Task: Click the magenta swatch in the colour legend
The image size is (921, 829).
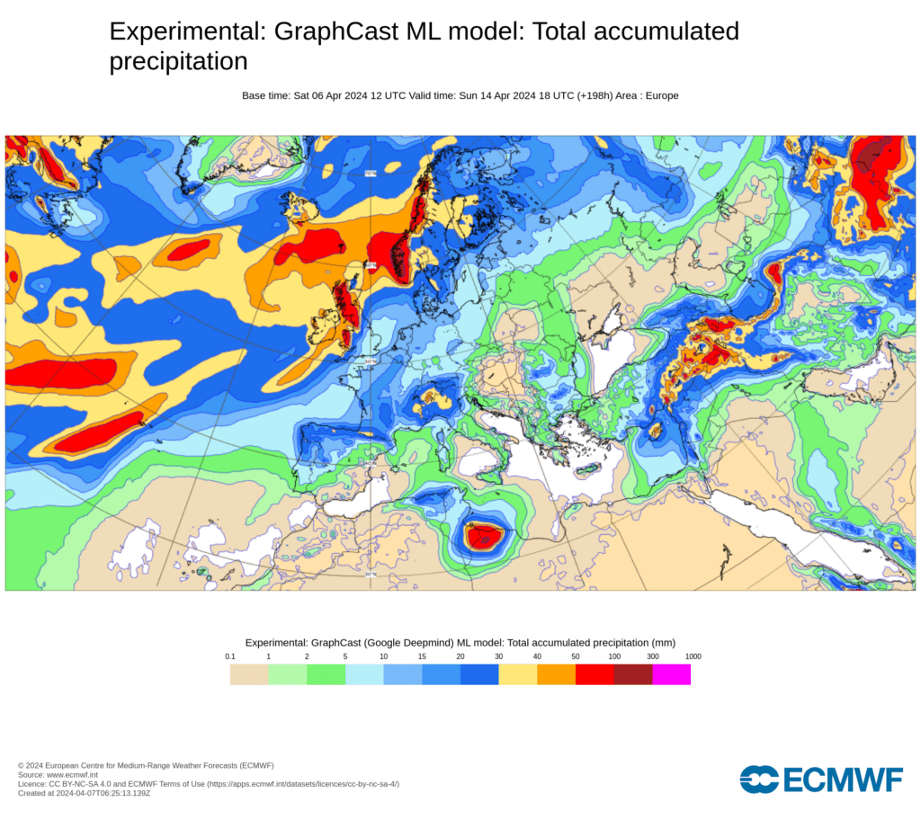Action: [671, 674]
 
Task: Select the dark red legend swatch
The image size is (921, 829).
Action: [632, 674]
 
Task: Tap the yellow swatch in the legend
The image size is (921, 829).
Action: [517, 674]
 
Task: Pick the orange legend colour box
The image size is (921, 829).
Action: [556, 674]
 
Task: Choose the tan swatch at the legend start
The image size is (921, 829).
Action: [249, 674]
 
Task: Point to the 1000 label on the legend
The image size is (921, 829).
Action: [693, 656]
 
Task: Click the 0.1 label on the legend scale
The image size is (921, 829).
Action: [230, 656]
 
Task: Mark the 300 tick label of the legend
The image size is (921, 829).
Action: [653, 656]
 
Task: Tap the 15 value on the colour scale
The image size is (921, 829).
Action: [422, 656]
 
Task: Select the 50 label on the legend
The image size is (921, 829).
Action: [576, 656]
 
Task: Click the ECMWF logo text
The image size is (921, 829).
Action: [843, 780]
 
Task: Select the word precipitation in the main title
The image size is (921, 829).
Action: [178, 61]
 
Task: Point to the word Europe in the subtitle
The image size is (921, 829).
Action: [661, 95]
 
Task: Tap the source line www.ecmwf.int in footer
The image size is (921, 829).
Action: [58, 774]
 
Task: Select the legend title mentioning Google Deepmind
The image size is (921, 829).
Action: [460, 643]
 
